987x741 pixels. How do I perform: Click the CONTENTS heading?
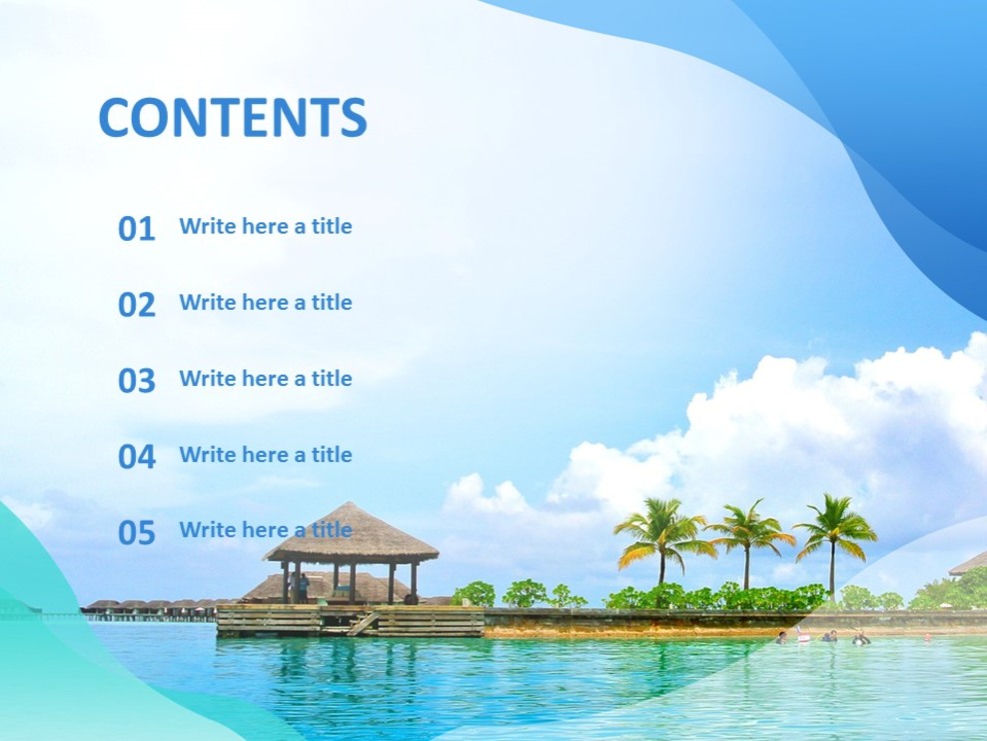(x=233, y=118)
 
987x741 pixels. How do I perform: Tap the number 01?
(x=137, y=229)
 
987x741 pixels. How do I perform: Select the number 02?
(x=137, y=305)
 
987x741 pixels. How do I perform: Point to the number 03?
(x=137, y=381)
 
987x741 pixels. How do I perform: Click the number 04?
(x=137, y=457)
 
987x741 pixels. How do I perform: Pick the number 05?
(x=137, y=533)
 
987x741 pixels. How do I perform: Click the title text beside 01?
(x=266, y=226)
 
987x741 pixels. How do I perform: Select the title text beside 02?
(x=266, y=302)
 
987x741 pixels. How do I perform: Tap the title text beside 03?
(x=266, y=378)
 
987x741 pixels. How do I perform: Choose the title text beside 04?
(x=266, y=454)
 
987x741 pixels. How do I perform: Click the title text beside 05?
(x=266, y=530)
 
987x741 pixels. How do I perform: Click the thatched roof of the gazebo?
(x=351, y=535)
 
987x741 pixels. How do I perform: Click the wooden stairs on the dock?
(x=364, y=623)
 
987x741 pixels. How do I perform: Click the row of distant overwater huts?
(x=150, y=606)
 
